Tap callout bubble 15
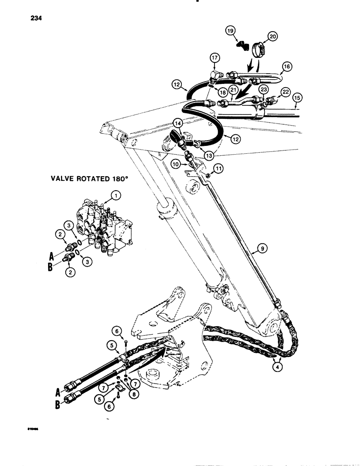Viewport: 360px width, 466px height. [x=298, y=98]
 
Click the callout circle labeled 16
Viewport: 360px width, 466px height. [x=286, y=67]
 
